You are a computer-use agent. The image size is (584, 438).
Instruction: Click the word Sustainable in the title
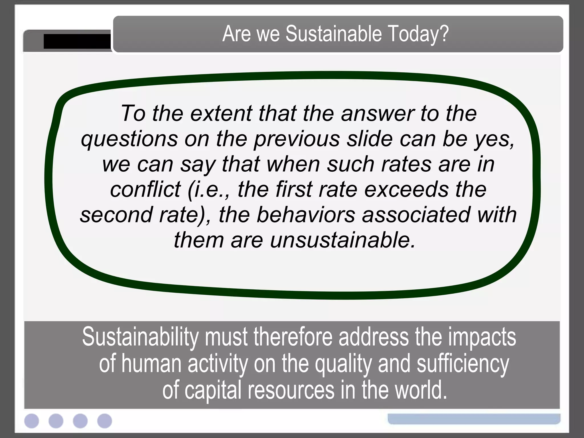point(333,34)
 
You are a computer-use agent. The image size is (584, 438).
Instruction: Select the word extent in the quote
point(221,113)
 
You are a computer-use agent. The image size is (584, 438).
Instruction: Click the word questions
point(129,139)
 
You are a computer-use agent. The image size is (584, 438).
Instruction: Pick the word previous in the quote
point(297,139)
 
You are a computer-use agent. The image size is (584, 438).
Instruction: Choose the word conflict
point(145,189)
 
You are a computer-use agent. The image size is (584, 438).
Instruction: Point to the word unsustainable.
point(342,240)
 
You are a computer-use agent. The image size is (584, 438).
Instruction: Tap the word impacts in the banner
point(482,337)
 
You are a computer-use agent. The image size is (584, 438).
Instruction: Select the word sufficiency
point(463,364)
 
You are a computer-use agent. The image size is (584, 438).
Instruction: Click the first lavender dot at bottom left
point(32,421)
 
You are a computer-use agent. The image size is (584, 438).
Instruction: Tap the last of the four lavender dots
point(105,421)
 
